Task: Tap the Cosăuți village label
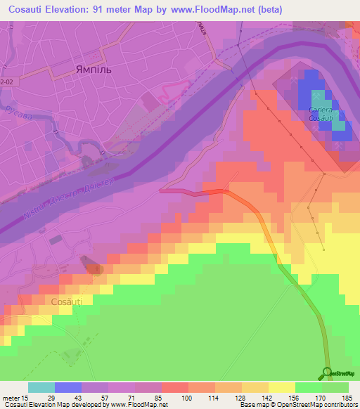pyautogui.click(x=67, y=301)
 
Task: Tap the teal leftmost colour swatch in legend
pyautogui.click(x=41, y=387)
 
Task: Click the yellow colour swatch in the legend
pyautogui.click(x=282, y=387)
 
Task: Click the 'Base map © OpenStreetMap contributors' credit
pyautogui.click(x=297, y=404)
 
